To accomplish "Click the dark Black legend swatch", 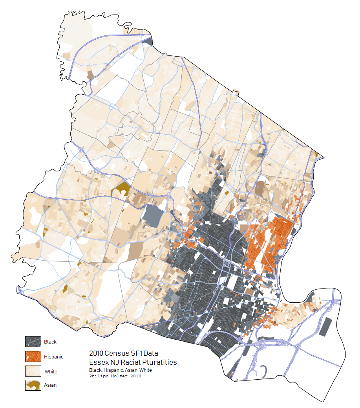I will tap(33, 342).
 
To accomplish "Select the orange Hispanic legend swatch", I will tap(33, 357).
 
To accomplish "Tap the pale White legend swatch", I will tap(33, 371).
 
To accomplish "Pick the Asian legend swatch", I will tap(33, 385).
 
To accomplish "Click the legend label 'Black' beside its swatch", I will tap(50, 342).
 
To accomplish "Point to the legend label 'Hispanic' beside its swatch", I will tap(54, 357).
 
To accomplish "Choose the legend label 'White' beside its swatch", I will tap(51, 371).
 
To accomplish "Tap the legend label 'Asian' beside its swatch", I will tap(50, 385).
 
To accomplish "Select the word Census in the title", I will tap(116, 353).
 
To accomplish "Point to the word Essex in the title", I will tap(98, 362).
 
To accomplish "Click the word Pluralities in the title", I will tap(160, 362).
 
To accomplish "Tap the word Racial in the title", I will tap(130, 362).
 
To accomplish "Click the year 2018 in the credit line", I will tap(135, 376).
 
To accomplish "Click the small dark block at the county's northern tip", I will tap(148, 42).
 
